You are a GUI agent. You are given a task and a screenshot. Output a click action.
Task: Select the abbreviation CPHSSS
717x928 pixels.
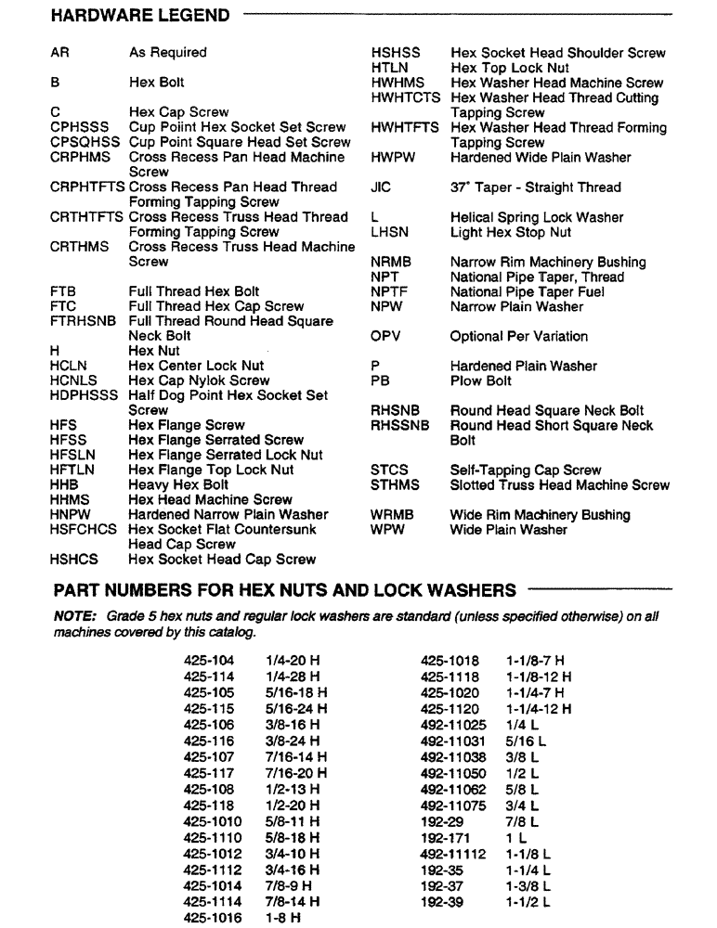click(x=80, y=127)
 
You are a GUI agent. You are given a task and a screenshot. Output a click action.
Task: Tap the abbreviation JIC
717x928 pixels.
click(x=381, y=187)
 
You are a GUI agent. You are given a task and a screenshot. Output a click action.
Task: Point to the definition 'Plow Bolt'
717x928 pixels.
click(x=480, y=380)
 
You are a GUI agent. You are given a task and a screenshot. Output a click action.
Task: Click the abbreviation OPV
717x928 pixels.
click(x=388, y=336)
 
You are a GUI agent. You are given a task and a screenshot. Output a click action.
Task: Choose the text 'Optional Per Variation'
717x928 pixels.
click(x=518, y=336)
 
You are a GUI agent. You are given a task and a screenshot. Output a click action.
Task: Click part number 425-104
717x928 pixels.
click(x=209, y=661)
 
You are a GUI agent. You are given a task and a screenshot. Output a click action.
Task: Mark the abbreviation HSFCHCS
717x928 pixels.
click(x=84, y=529)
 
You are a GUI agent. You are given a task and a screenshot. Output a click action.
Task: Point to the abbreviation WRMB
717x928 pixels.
click(x=392, y=515)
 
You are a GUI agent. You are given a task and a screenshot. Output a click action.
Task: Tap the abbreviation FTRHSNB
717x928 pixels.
click(x=83, y=321)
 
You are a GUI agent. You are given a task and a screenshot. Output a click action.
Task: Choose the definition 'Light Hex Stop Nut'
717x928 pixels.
click(x=511, y=232)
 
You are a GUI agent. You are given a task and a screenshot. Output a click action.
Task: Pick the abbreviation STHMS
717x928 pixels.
click(x=395, y=484)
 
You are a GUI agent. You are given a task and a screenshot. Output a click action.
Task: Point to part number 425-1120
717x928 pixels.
click(x=450, y=708)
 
